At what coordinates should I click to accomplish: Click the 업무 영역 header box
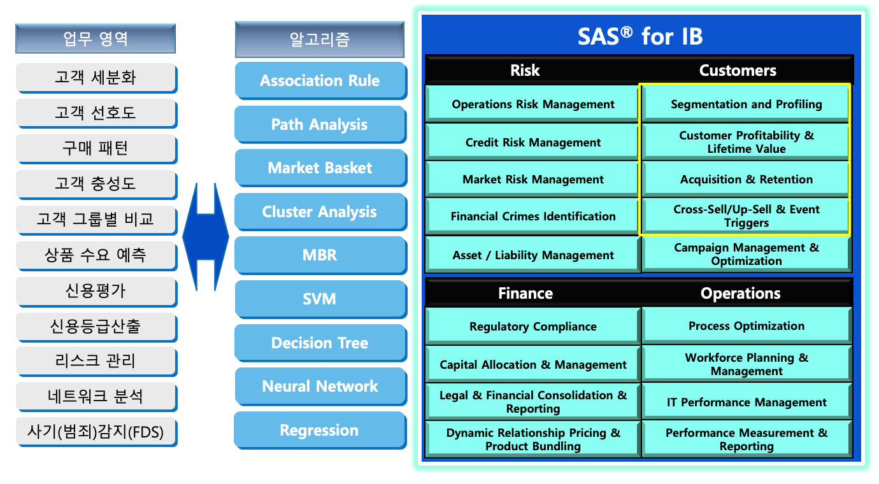pyautogui.click(x=96, y=39)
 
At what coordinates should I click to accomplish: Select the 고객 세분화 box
pyautogui.click(x=96, y=78)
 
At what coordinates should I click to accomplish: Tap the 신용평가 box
pyautogui.click(x=96, y=290)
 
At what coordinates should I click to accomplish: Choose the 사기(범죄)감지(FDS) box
pyautogui.click(x=96, y=432)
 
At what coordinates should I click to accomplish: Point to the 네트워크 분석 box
pyautogui.click(x=96, y=397)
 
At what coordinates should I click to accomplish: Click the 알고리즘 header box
pyautogui.click(x=319, y=39)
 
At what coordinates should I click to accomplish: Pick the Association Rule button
pyautogui.click(x=320, y=80)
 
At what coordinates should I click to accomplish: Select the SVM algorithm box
pyautogui.click(x=320, y=299)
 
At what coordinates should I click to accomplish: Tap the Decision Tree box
pyautogui.click(x=320, y=343)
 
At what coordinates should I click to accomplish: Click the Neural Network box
pyautogui.click(x=320, y=386)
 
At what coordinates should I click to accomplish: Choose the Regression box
pyautogui.click(x=319, y=430)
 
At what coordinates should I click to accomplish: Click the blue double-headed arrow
pyautogui.click(x=205, y=238)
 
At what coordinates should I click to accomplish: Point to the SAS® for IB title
pyautogui.click(x=640, y=36)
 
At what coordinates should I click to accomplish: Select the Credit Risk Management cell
pyautogui.click(x=532, y=142)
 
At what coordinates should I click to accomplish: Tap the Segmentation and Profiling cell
pyautogui.click(x=746, y=104)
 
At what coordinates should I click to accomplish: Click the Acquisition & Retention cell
pyautogui.click(x=746, y=179)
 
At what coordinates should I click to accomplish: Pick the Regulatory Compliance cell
pyautogui.click(x=532, y=326)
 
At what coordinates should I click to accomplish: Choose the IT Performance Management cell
pyautogui.click(x=746, y=402)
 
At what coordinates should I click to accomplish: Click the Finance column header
pyautogui.click(x=525, y=293)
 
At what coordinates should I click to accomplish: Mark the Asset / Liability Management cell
pyautogui.click(x=532, y=255)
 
